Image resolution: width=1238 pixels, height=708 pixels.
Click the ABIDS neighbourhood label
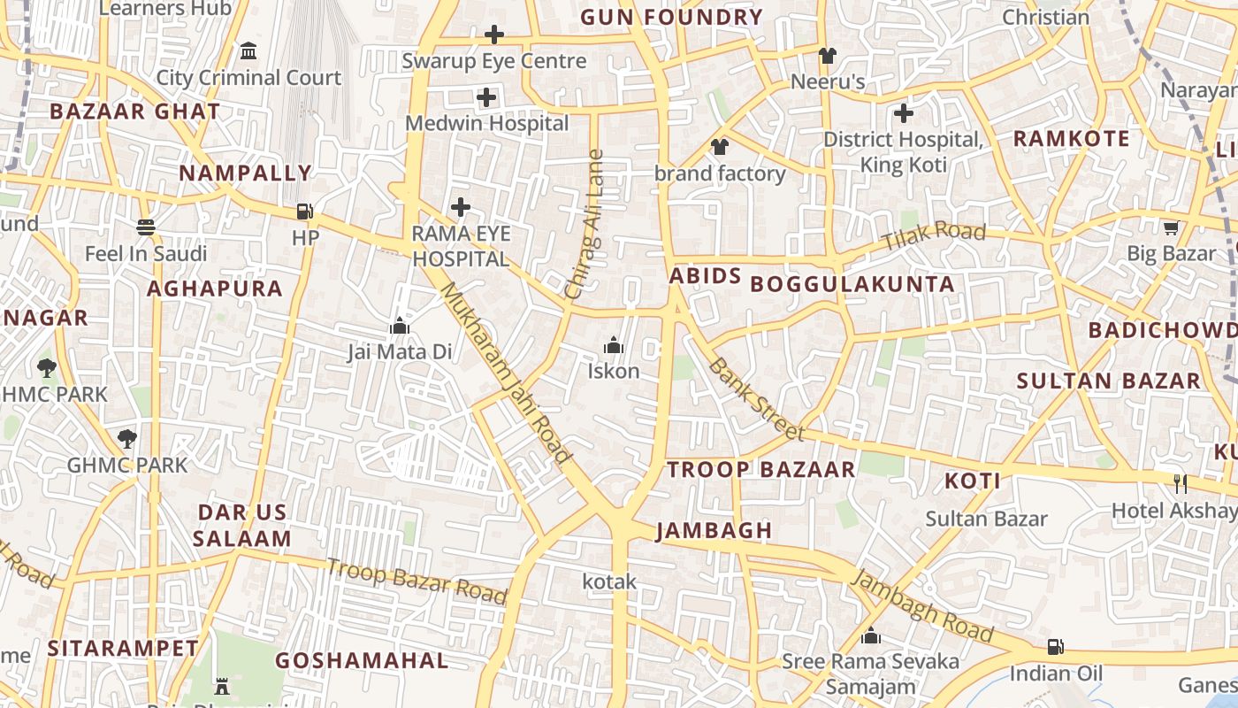[705, 276]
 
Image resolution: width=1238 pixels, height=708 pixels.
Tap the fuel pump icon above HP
[304, 212]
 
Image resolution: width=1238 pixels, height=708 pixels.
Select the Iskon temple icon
[614, 345]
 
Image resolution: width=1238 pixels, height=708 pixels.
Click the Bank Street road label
[756, 399]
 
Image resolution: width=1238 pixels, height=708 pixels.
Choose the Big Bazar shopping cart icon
[1172, 228]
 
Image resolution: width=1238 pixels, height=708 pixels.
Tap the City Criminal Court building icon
[248, 50]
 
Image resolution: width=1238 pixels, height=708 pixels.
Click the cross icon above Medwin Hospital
[486, 97]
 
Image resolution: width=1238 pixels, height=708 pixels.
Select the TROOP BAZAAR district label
[761, 469]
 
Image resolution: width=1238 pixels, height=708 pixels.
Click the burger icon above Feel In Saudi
[146, 227]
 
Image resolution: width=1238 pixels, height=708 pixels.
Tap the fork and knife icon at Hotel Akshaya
[1180, 483]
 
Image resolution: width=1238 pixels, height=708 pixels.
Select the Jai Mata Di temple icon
[400, 327]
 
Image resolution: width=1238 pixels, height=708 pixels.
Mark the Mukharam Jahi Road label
[507, 373]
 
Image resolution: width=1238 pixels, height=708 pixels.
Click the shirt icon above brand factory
[720, 147]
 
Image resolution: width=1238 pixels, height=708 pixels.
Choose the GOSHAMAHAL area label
[362, 660]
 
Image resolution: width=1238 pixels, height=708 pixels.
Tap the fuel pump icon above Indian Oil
[1054, 647]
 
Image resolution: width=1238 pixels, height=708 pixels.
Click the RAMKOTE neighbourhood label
[1071, 139]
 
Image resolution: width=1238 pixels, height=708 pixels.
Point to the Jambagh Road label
[921, 605]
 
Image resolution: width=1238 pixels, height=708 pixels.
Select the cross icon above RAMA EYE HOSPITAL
[461, 208]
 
